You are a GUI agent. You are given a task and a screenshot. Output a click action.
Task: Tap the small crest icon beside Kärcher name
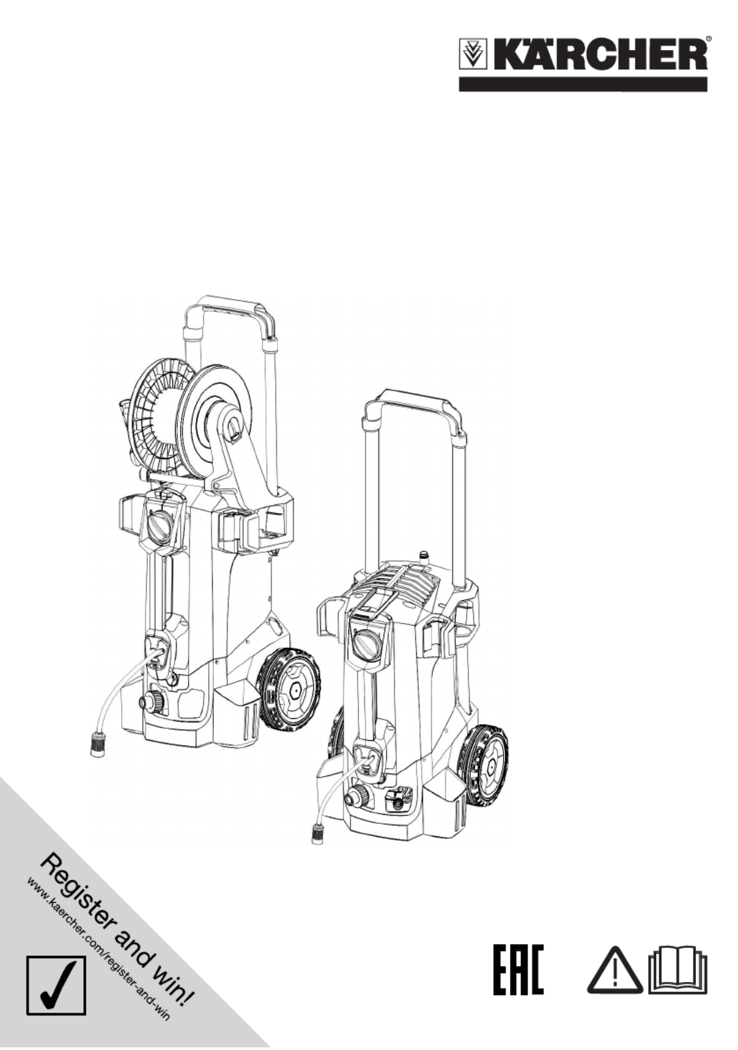pos(472,55)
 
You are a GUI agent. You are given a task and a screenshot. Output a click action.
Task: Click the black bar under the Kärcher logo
pos(582,85)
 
